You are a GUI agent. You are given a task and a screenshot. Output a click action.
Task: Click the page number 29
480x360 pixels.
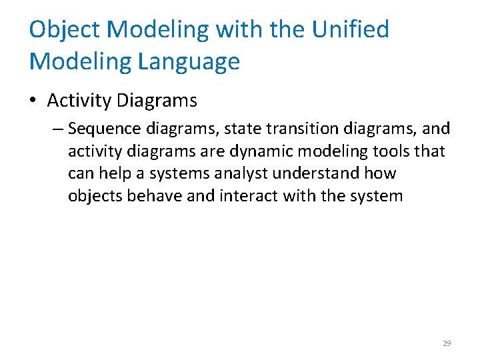click(x=447, y=343)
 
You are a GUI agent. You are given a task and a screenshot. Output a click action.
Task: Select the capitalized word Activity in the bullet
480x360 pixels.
click(x=79, y=101)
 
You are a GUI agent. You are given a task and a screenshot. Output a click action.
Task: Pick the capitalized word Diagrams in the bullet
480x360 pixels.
click(x=157, y=101)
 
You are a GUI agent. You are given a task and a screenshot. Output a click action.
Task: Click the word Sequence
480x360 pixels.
click(x=99, y=128)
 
